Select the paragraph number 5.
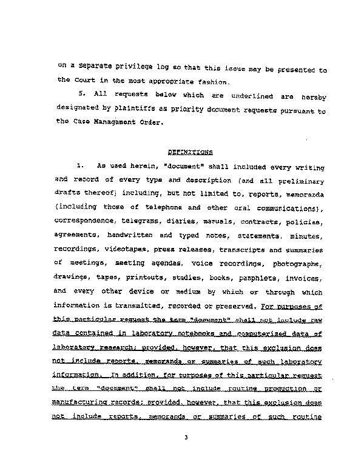pos(81,95)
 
